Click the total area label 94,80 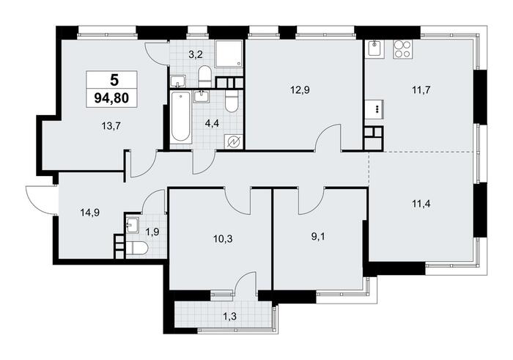(111, 98)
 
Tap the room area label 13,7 (112, 125)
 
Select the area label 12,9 (300, 89)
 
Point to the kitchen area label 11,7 (421, 89)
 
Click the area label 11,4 (421, 204)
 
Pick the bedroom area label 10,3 (223, 239)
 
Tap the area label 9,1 (318, 237)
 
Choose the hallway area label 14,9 (90, 213)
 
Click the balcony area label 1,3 (229, 316)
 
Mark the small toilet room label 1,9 (152, 232)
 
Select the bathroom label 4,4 (212, 124)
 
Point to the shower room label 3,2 (196, 54)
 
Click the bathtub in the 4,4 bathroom (180, 117)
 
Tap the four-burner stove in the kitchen (402, 49)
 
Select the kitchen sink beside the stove (375, 49)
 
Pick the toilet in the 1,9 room (137, 248)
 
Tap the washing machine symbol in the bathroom (234, 142)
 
